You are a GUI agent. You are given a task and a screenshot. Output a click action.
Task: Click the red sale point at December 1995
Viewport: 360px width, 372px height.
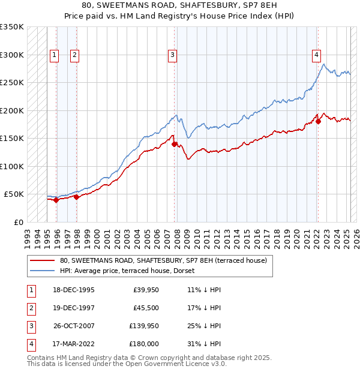[56, 200]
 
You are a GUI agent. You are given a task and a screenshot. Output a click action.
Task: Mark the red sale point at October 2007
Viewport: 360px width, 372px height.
[174, 144]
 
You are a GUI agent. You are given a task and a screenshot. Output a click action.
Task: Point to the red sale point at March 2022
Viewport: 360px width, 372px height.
[318, 122]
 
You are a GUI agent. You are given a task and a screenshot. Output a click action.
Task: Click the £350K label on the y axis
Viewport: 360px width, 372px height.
[12, 27]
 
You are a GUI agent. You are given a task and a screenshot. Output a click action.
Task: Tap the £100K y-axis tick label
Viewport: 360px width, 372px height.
[12, 166]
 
